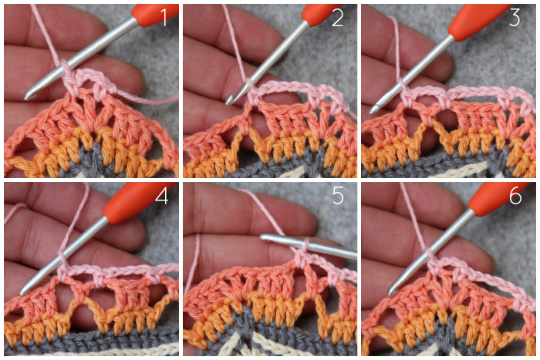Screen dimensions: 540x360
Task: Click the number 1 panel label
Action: [164, 18]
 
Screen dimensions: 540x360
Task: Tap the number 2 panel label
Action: [338, 18]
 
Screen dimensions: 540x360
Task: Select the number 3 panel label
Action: [515, 18]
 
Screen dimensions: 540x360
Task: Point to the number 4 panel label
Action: [162, 196]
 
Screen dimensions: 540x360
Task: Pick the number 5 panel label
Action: [338, 196]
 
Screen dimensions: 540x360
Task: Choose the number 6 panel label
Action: [515, 196]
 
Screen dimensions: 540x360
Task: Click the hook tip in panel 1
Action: [27, 96]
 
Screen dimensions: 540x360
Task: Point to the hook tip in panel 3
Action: [373, 110]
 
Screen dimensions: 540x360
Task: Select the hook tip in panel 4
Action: [23, 291]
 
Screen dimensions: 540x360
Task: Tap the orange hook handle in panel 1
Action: [155, 14]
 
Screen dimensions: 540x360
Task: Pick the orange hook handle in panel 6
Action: [496, 200]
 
